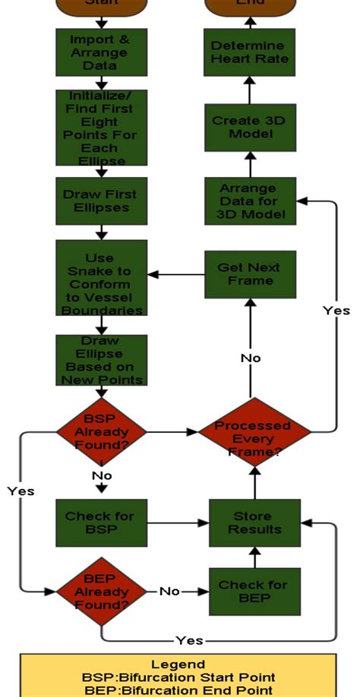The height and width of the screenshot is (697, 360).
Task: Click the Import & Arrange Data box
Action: [x=101, y=52]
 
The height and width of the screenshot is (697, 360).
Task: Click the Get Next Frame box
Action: [x=248, y=274]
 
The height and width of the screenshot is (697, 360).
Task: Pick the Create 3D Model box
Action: [x=248, y=128]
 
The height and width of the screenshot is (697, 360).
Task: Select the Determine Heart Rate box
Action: [x=248, y=52]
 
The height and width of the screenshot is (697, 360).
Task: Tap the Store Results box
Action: [x=254, y=522]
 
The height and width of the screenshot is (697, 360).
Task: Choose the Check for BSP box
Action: [x=100, y=522]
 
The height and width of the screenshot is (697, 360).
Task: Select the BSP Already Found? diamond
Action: [x=101, y=433]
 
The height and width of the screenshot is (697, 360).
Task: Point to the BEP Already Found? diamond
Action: [x=101, y=591]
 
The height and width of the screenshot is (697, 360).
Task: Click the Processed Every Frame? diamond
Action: [x=254, y=433]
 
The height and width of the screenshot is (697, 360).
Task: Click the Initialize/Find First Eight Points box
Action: [x=101, y=128]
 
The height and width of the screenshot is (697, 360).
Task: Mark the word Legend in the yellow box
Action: [x=178, y=664]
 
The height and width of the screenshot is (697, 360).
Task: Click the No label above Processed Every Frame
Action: [x=251, y=357]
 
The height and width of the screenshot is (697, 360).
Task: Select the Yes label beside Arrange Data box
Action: [x=336, y=311]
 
